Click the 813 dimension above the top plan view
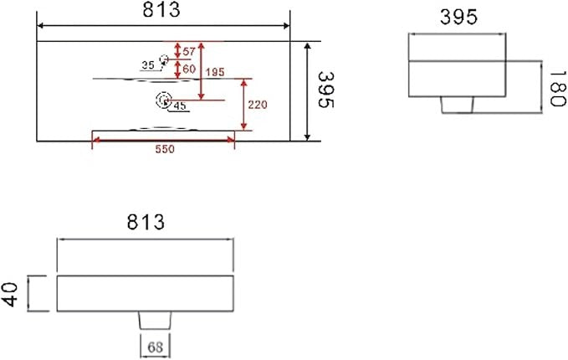tap(161, 10)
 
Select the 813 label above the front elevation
tap(146, 222)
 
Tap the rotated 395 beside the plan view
tap(325, 90)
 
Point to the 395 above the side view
tap(458, 17)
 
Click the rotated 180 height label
tap(557, 89)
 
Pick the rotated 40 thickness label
tap(10, 295)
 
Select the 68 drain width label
tap(155, 347)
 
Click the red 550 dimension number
tap(165, 149)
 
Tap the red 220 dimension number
tap(258, 105)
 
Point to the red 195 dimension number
tap(215, 72)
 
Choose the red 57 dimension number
tap(189, 52)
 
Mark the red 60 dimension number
tap(189, 69)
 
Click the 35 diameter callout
tap(148, 65)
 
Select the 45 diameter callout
tap(180, 105)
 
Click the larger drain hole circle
tap(164, 100)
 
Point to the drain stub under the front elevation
tap(155, 321)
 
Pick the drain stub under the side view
tap(457, 105)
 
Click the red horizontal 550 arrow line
tap(163, 140)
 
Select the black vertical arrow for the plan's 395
tap(307, 91)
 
